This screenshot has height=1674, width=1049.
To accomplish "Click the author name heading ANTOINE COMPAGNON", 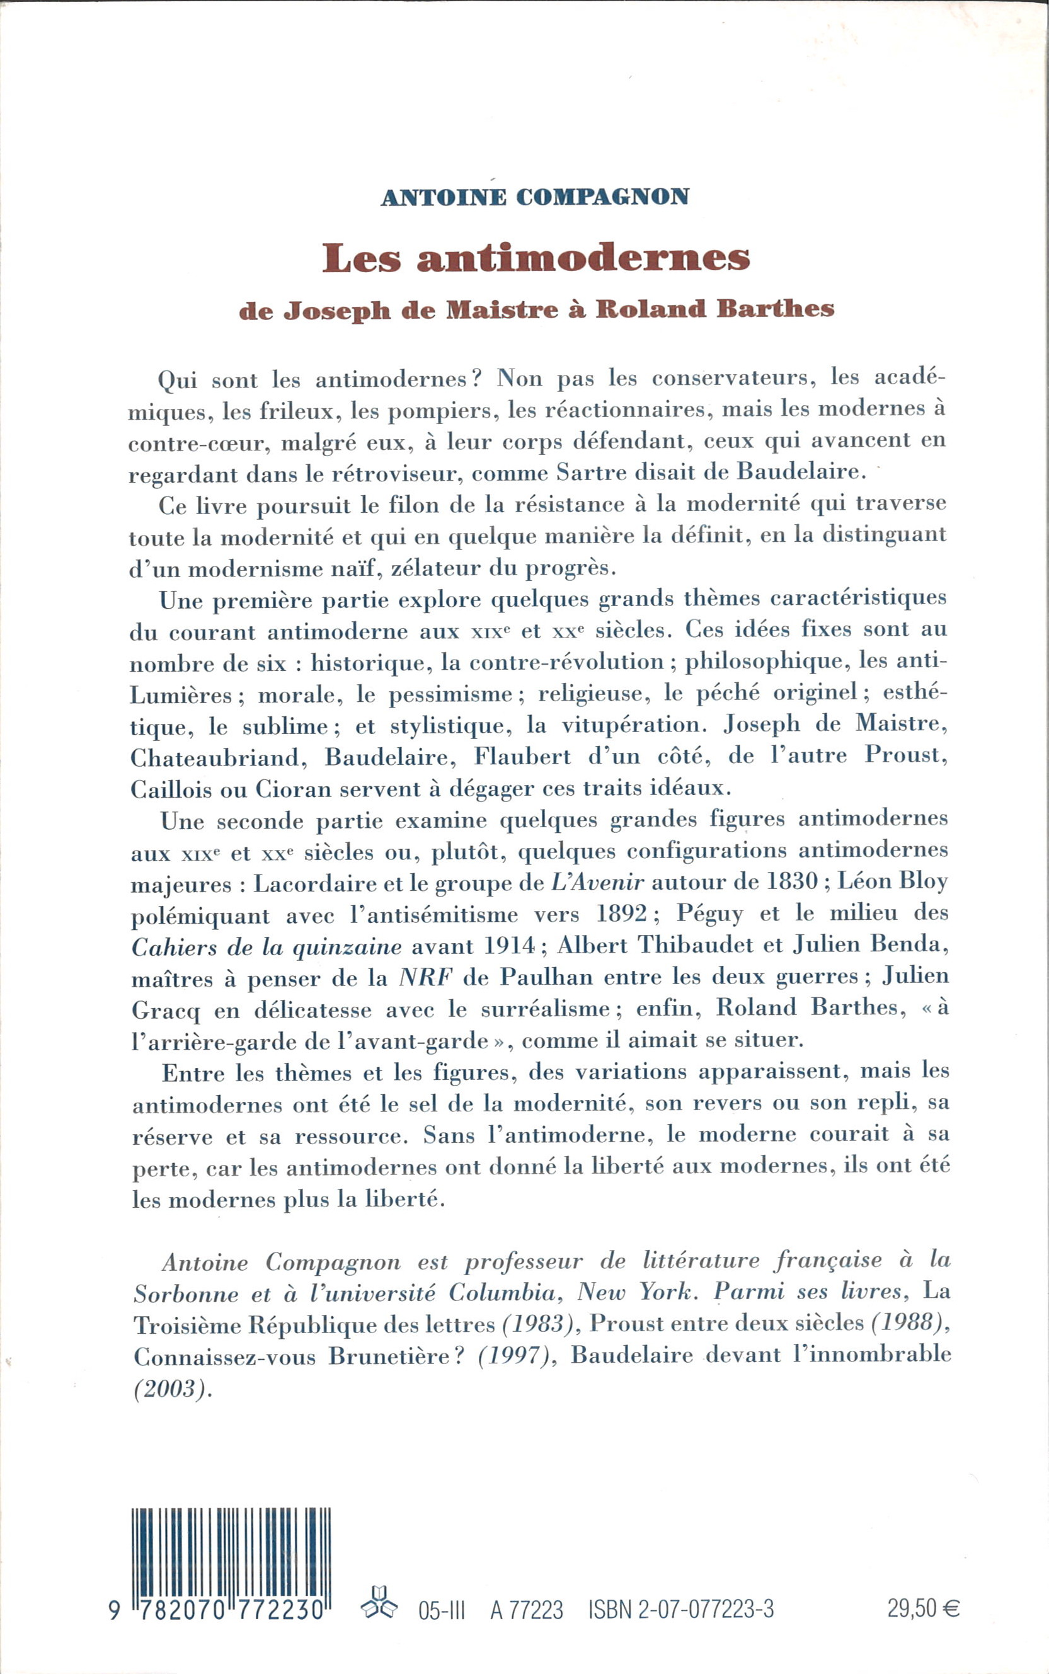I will tap(535, 197).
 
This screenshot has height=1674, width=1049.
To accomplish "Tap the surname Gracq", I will tap(165, 1011).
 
